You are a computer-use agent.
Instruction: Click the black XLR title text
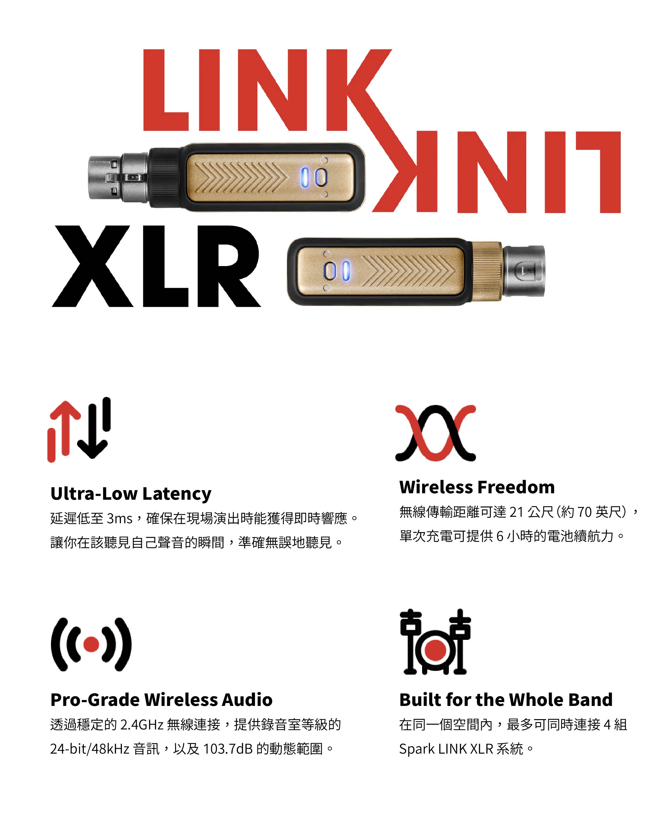click(156, 266)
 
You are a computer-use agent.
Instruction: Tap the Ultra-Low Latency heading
click(131, 494)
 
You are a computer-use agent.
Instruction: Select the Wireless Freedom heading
click(477, 487)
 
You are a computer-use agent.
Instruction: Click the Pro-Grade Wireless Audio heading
click(162, 700)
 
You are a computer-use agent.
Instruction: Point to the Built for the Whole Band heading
click(506, 700)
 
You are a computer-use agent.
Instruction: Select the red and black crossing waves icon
click(436, 433)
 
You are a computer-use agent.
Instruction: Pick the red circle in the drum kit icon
click(436, 650)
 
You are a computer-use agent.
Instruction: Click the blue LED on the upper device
click(305, 177)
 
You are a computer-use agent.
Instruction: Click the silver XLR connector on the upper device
click(118, 178)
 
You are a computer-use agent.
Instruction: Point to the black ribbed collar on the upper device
click(164, 178)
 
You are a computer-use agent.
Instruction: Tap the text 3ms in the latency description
click(120, 519)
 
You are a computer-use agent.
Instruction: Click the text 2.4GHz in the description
click(142, 725)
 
